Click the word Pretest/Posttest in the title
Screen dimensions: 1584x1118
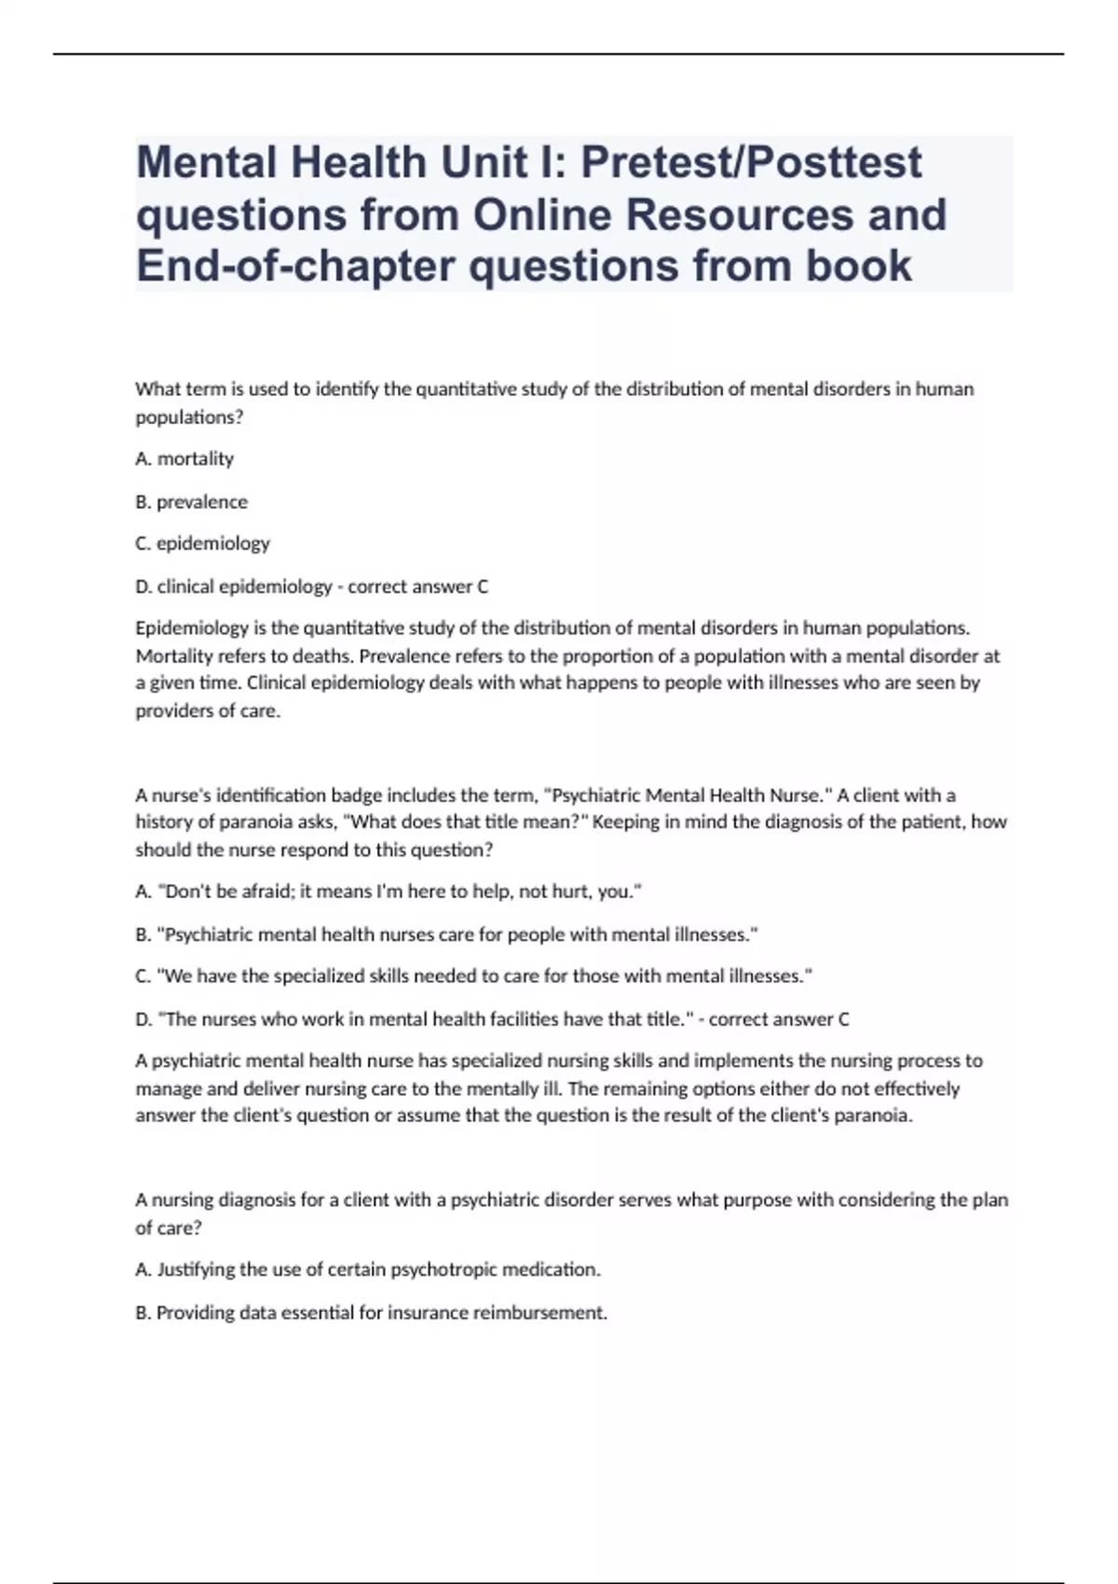(x=752, y=163)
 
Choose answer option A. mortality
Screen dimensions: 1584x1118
(x=184, y=458)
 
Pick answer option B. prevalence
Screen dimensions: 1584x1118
(x=191, y=501)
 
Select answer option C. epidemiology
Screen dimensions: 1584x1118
(x=202, y=543)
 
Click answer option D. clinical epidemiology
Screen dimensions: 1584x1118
(x=234, y=586)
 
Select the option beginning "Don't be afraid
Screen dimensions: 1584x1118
(x=389, y=892)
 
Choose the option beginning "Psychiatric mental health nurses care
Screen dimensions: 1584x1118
(x=446, y=934)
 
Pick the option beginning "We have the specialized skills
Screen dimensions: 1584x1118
(x=473, y=976)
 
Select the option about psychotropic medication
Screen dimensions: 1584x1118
(x=368, y=1269)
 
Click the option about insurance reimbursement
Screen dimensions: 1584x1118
(x=371, y=1312)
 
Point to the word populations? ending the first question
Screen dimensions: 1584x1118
(x=189, y=417)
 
